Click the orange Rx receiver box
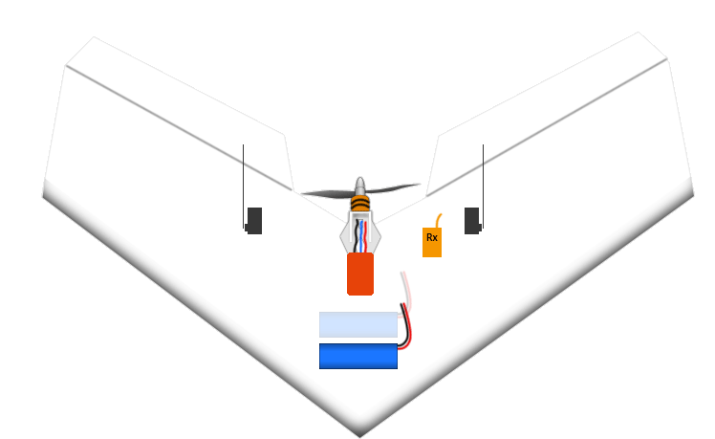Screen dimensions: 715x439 432,242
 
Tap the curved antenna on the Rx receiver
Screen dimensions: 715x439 438,220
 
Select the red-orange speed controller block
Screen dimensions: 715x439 360,274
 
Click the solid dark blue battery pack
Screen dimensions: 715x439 358,356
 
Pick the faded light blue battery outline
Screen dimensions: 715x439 358,324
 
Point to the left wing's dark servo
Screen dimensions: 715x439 254,221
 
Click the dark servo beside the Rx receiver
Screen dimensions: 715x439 472,221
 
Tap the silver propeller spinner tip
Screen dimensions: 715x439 360,181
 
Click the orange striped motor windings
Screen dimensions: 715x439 360,204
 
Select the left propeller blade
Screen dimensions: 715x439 328,194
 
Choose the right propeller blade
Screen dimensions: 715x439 393,187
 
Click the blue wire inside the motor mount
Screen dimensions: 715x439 361,236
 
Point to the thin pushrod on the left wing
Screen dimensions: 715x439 243,187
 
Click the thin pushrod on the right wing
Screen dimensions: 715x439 483,187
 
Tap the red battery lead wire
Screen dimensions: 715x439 408,330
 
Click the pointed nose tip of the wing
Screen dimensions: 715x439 359,436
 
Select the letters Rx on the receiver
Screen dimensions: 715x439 432,237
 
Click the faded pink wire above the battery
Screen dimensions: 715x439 405,288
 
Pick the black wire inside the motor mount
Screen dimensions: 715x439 357,236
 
